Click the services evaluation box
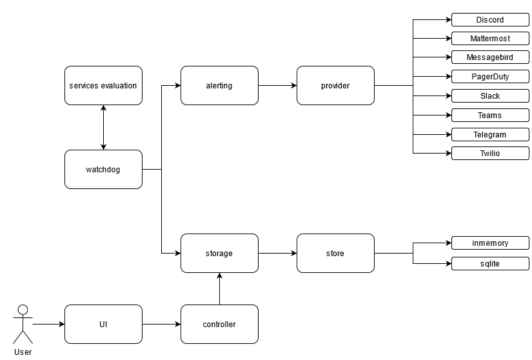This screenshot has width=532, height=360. [x=103, y=85]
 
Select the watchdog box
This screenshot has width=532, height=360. [x=103, y=170]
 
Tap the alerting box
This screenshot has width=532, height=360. [x=219, y=85]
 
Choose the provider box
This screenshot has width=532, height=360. [x=335, y=85]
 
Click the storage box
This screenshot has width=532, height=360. [x=219, y=254]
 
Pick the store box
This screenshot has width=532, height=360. [x=335, y=254]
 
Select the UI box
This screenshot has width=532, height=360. [x=103, y=324]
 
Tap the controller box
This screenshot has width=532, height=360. [x=219, y=324]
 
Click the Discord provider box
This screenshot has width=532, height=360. [x=490, y=20]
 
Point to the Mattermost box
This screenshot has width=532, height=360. [x=490, y=39]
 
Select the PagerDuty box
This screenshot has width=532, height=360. [x=490, y=77]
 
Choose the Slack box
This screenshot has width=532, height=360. [x=490, y=96]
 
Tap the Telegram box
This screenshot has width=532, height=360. [x=490, y=134]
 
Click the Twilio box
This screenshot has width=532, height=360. [x=490, y=154]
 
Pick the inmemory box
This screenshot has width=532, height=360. [x=490, y=243]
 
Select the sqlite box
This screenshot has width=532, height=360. [x=490, y=263]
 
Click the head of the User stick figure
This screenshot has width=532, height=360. [x=23, y=310]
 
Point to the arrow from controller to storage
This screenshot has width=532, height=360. [x=219, y=288]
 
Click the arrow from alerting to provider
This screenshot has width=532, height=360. [x=277, y=85]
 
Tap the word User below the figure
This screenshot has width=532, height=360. [x=23, y=352]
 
